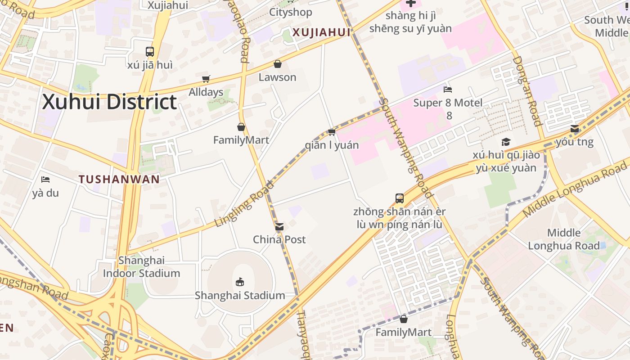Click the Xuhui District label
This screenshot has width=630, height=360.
pos(109,102)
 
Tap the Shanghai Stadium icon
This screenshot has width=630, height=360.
pos(240,282)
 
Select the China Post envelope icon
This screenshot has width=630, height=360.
pos(279,227)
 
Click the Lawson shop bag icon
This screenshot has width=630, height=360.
pos(278,64)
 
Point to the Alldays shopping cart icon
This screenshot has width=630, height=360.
pos(206,79)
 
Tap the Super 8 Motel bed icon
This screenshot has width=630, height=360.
pos(448,90)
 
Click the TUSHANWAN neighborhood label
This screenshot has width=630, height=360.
pos(119,179)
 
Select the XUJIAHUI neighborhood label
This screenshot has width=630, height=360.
pos(321,32)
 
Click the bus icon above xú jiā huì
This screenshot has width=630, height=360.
pos(150,52)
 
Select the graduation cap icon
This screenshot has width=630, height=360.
pos(506,142)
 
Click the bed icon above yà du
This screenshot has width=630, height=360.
pos(45,180)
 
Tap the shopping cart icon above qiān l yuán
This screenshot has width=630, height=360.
pos(332,132)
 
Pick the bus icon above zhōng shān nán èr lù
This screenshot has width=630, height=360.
pos(400,198)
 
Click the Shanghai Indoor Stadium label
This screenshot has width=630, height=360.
pos(141,267)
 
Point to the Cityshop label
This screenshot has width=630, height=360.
pos(290,12)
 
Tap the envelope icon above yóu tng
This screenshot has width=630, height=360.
pos(575,129)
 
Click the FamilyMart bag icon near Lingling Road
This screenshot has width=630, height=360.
pos(241,127)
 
